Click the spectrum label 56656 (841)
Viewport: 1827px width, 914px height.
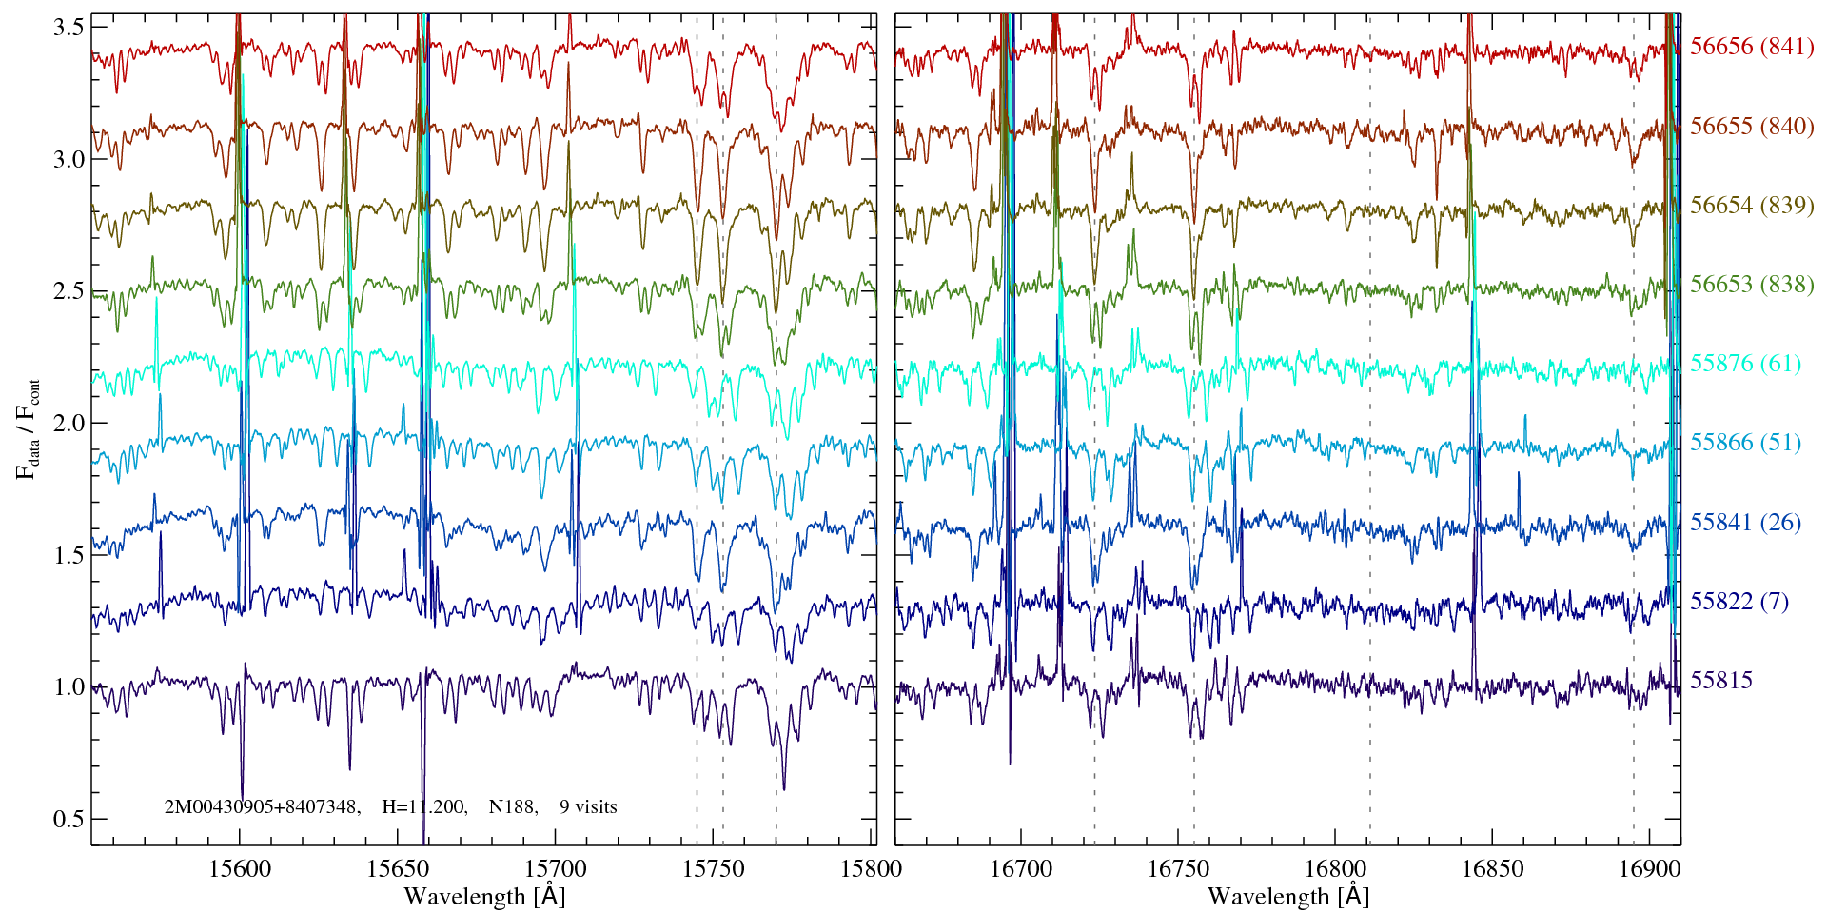click(1751, 47)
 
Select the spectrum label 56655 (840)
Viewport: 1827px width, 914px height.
click(1751, 126)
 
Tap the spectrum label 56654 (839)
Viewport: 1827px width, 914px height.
click(1751, 205)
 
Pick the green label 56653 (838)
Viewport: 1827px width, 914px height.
click(1751, 284)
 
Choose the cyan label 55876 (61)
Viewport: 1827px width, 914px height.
click(1745, 363)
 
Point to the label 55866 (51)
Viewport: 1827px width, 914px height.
click(1745, 442)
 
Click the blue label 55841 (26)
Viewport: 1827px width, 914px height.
click(1745, 522)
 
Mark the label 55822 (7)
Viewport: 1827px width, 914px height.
click(1739, 601)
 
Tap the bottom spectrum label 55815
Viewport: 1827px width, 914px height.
click(1721, 680)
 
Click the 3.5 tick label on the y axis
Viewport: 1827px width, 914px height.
click(69, 27)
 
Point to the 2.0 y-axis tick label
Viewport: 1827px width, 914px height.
click(69, 423)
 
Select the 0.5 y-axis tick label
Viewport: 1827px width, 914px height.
click(69, 819)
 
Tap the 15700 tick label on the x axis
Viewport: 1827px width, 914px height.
click(556, 868)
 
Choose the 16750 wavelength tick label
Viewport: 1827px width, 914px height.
click(1178, 868)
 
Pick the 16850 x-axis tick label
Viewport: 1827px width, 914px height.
click(1491, 868)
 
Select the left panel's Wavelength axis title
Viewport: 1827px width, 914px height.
click(484, 896)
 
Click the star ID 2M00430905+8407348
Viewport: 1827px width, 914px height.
click(262, 806)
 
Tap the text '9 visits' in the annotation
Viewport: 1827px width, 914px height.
click(588, 806)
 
